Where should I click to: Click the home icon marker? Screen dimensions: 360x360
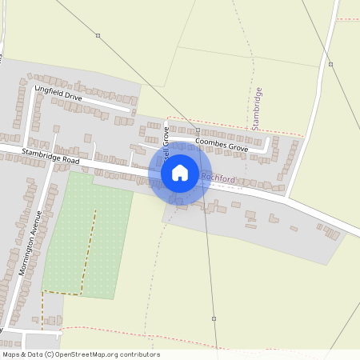click(180, 172)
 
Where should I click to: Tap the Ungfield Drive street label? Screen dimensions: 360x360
click(58, 94)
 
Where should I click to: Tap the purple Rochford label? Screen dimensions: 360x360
click(219, 178)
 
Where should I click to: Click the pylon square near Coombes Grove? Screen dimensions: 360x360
click(198, 130)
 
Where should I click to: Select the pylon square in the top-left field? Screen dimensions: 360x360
click(98, 36)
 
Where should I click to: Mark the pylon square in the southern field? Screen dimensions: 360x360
click(214, 318)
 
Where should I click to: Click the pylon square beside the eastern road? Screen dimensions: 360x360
click(331, 64)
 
